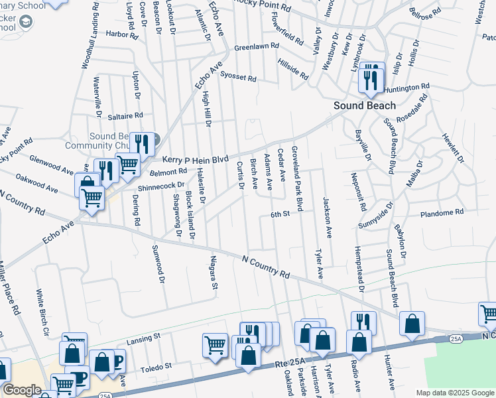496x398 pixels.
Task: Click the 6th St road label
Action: (280, 214)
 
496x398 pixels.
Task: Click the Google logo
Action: (22, 390)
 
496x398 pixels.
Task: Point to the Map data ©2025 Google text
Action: (454, 393)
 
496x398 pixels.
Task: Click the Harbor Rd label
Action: (120, 33)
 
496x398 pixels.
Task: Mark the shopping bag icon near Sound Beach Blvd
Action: (412, 325)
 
